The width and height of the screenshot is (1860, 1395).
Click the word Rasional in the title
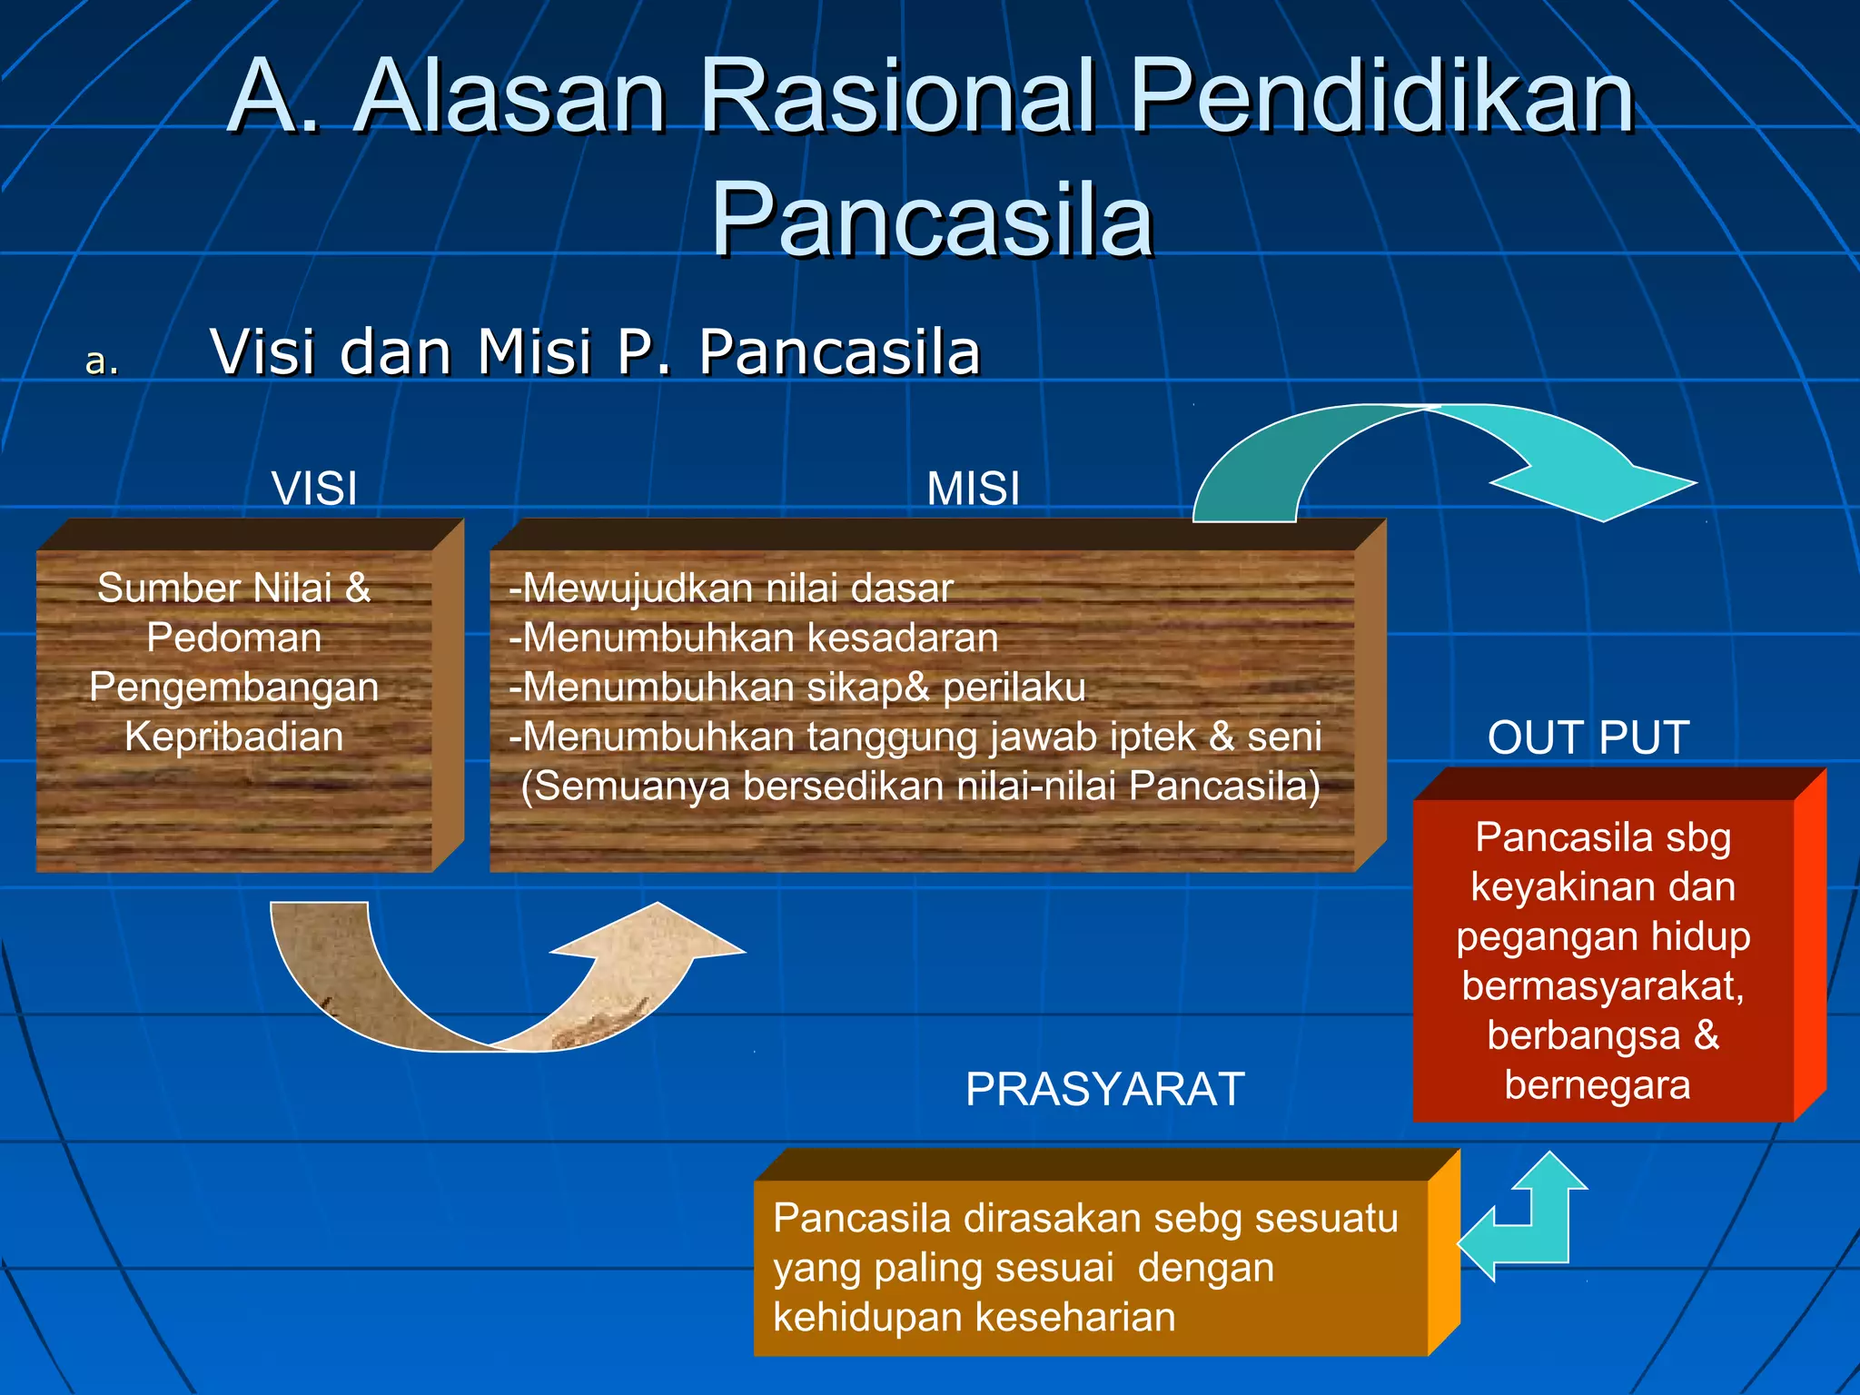(x=899, y=95)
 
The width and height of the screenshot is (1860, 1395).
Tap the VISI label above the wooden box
(x=314, y=489)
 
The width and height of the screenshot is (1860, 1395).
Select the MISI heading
(x=973, y=489)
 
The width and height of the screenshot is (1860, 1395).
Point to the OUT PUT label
(x=1588, y=737)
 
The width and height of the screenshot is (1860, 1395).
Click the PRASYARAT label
(x=1104, y=1089)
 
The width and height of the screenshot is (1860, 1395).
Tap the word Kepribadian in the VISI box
(x=234, y=737)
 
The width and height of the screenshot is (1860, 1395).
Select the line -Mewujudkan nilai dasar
(x=731, y=589)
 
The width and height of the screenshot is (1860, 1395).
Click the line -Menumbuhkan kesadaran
(x=754, y=638)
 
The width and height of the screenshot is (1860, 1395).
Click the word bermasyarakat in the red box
(x=1603, y=986)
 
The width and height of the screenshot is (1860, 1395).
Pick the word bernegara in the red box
(x=1597, y=1085)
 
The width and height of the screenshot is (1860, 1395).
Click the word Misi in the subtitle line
(x=534, y=352)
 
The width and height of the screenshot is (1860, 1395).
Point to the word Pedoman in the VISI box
(x=234, y=638)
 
